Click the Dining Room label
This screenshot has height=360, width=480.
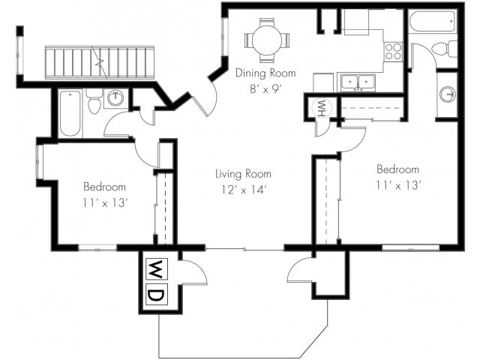point(265,73)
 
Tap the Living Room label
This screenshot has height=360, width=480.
point(243,174)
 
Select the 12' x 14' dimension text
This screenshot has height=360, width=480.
point(243,190)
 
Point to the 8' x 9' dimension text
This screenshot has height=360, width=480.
point(265,89)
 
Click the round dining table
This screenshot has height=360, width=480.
point(267,40)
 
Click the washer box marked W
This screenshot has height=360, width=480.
point(157,269)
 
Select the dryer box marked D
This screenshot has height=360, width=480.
point(157,294)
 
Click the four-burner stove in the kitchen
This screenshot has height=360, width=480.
point(393,52)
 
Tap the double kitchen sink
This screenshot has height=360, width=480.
point(358,82)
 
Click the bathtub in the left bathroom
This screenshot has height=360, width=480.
point(70,113)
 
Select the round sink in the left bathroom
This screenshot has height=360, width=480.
point(115,98)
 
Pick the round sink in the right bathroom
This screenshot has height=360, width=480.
point(448,94)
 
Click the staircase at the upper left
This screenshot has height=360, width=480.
point(100,62)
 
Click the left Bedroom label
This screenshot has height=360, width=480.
point(104,187)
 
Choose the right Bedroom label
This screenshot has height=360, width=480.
point(397,169)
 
